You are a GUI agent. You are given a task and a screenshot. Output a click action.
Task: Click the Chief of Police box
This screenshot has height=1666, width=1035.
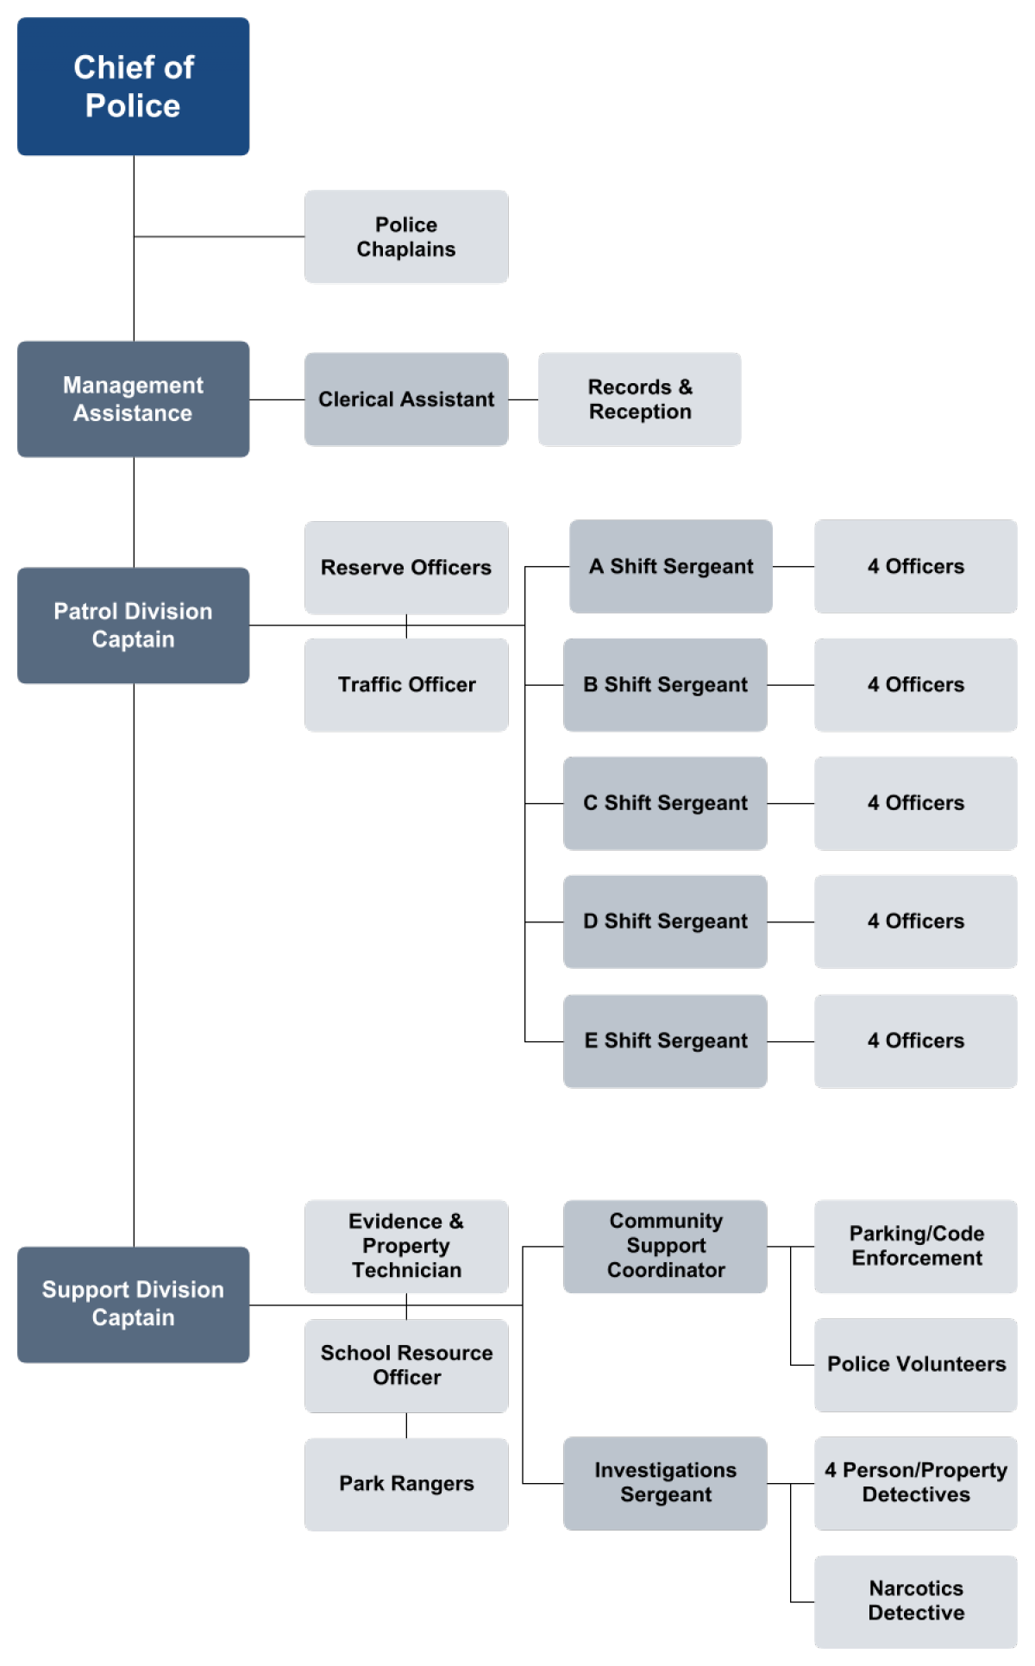point(133,86)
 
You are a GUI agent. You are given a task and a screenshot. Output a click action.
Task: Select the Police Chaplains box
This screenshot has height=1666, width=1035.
point(405,236)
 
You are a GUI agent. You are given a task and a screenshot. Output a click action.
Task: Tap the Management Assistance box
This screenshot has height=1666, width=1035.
point(133,399)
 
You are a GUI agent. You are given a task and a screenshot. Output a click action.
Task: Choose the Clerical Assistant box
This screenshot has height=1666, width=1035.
point(405,399)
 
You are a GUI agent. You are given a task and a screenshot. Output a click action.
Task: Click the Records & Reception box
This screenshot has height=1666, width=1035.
point(639,399)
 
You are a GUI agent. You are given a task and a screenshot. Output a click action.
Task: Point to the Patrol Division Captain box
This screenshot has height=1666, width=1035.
point(133,626)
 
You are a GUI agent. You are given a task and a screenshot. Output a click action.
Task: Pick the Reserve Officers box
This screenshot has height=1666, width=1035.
point(405,567)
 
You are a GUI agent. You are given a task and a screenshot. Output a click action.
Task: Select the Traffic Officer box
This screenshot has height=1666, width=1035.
point(405,684)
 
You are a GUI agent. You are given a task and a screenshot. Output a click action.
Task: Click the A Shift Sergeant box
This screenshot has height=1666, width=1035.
point(670,566)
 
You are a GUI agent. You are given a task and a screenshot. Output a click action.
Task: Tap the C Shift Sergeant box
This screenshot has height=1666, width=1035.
point(664,802)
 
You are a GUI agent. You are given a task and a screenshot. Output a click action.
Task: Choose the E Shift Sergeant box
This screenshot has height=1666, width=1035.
point(664,1040)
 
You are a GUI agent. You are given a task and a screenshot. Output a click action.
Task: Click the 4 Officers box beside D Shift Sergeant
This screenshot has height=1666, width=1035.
point(915,921)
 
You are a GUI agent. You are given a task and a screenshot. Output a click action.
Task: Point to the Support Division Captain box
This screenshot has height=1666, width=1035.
point(133,1304)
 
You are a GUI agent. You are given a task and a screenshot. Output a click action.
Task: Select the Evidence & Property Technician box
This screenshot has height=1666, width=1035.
point(405,1246)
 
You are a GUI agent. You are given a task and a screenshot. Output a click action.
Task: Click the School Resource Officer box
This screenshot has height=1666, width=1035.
point(405,1365)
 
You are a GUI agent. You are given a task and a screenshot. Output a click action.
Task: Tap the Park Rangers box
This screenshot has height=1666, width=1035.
point(405,1484)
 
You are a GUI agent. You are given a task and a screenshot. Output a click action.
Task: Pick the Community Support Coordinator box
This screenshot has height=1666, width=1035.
point(664,1246)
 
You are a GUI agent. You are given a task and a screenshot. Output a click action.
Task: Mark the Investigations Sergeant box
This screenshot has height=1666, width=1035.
point(664,1483)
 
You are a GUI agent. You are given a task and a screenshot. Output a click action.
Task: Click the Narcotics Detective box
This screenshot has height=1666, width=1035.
point(915,1601)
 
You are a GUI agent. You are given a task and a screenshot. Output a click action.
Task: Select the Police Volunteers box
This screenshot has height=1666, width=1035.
point(915,1364)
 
